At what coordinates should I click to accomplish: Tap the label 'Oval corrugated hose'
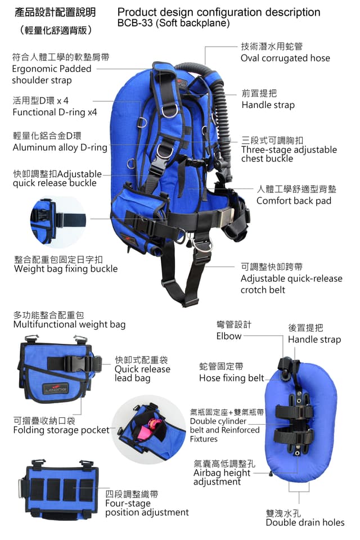tap(285, 58)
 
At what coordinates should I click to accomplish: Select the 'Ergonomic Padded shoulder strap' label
tap(52, 74)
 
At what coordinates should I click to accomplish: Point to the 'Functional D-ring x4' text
tap(55, 112)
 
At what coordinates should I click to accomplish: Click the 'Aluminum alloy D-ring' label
tap(60, 147)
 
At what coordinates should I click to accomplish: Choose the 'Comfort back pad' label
tap(294, 200)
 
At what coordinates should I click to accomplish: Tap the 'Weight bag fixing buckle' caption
tap(66, 269)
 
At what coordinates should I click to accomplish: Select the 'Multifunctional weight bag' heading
tap(69, 325)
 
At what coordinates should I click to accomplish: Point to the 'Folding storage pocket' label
tap(61, 430)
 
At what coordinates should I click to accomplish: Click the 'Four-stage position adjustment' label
tap(147, 507)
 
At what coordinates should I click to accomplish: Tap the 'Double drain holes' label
tap(305, 523)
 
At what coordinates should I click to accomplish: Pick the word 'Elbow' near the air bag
tap(229, 336)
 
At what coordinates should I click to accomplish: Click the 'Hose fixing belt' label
tap(232, 378)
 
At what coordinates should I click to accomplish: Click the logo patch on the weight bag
tap(56, 389)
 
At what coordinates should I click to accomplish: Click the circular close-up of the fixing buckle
tap(58, 222)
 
